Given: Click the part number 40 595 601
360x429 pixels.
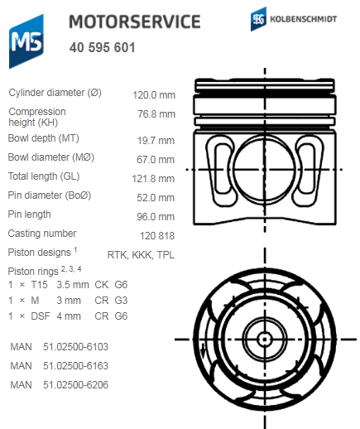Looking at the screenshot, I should pos(103,47).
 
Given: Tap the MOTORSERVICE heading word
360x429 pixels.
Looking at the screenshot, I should pos(134,22).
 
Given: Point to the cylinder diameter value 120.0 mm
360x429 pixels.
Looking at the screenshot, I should pos(154,94).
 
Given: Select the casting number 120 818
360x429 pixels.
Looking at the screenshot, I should pos(156,235).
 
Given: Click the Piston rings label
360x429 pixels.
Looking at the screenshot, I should pos(33,271).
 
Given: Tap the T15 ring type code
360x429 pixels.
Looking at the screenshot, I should pos(41,285).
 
